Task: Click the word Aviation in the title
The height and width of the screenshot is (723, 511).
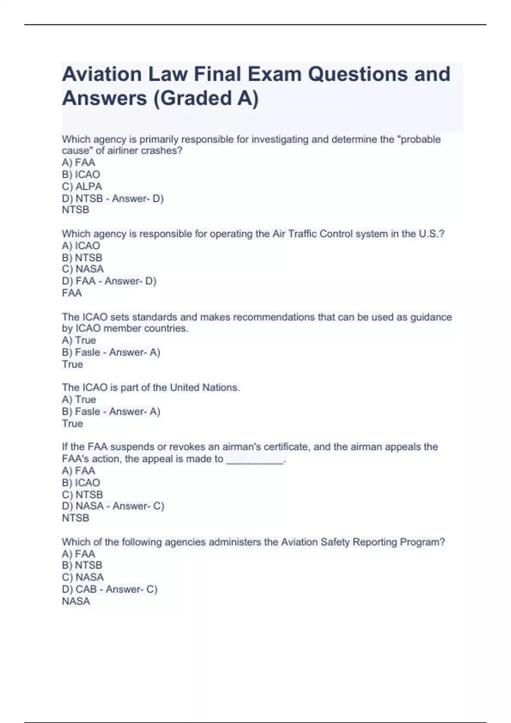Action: coord(102,74)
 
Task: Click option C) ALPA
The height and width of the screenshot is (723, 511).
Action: coord(82,186)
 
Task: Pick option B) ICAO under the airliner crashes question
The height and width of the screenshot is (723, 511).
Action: coord(81,174)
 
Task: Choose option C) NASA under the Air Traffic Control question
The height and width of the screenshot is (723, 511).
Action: coord(83,269)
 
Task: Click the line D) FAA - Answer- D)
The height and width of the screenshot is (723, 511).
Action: coord(109,281)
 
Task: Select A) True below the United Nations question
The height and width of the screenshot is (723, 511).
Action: coord(79,399)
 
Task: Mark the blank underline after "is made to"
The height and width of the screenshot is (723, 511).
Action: coord(255,459)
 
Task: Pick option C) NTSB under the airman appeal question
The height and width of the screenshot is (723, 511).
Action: coord(82,495)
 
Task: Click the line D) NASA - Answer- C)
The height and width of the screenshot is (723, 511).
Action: coord(113,506)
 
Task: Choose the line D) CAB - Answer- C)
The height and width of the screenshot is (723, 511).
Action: coord(109,589)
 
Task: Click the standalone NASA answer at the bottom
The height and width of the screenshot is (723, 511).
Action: coord(76,601)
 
